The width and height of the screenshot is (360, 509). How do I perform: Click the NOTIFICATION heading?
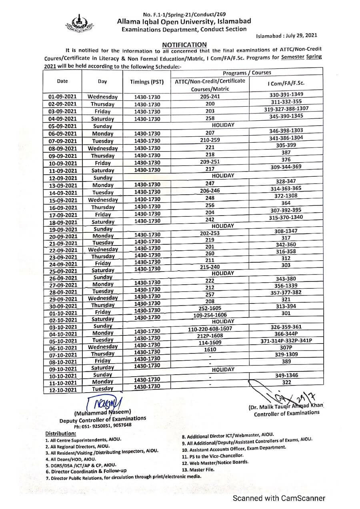[184, 45]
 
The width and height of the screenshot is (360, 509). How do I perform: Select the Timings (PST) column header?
[147, 82]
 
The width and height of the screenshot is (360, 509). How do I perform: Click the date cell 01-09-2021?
[62, 97]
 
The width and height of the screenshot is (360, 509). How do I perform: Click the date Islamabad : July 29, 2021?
[287, 36]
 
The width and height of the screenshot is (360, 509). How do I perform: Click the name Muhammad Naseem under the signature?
[102, 412]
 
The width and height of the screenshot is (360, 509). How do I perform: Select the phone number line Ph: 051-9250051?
[102, 426]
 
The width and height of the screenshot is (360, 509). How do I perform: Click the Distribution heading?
[60, 433]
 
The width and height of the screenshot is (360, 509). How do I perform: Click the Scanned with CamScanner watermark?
[279, 498]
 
